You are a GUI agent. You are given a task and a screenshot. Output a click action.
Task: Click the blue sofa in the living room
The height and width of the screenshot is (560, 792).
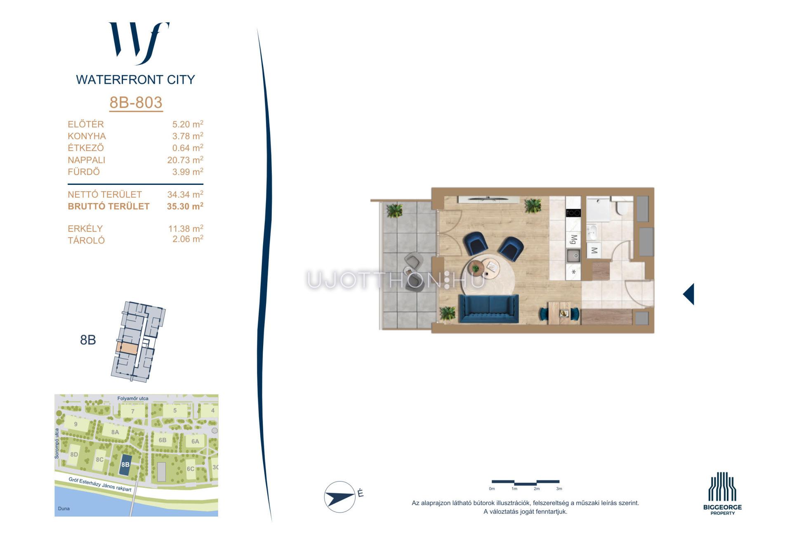(489, 309)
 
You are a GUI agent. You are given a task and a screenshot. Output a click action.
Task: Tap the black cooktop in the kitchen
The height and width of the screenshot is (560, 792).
(573, 213)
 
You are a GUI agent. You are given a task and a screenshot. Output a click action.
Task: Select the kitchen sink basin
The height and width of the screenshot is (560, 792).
(573, 256)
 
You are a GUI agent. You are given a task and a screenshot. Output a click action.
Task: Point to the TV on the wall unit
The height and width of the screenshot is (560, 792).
(488, 198)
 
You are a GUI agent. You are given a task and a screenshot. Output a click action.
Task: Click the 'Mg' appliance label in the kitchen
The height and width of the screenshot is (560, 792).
(573, 239)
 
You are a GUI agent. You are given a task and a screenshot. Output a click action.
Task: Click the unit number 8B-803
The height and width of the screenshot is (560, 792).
(136, 102)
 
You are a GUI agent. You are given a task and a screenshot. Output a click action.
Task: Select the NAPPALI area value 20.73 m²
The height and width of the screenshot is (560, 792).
(185, 160)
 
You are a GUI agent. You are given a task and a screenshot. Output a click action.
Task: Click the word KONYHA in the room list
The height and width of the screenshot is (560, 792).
(87, 136)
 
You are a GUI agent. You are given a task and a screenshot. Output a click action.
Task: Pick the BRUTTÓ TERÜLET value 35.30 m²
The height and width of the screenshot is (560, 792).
(185, 206)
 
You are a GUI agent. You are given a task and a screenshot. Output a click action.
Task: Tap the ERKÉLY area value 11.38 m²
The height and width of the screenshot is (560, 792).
(186, 228)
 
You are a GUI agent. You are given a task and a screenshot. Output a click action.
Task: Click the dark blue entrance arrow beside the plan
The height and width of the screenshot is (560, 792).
(689, 294)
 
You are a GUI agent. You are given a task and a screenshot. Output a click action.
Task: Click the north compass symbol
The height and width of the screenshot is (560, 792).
(340, 497)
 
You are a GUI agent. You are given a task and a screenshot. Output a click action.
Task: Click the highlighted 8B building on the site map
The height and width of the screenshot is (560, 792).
(125, 464)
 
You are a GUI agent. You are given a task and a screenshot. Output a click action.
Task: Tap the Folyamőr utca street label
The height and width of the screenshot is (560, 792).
(133, 399)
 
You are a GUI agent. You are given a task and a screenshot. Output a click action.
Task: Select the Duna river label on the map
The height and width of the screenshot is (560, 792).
(64, 508)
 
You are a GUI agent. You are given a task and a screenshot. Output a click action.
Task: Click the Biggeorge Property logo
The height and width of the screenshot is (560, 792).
(722, 494)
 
